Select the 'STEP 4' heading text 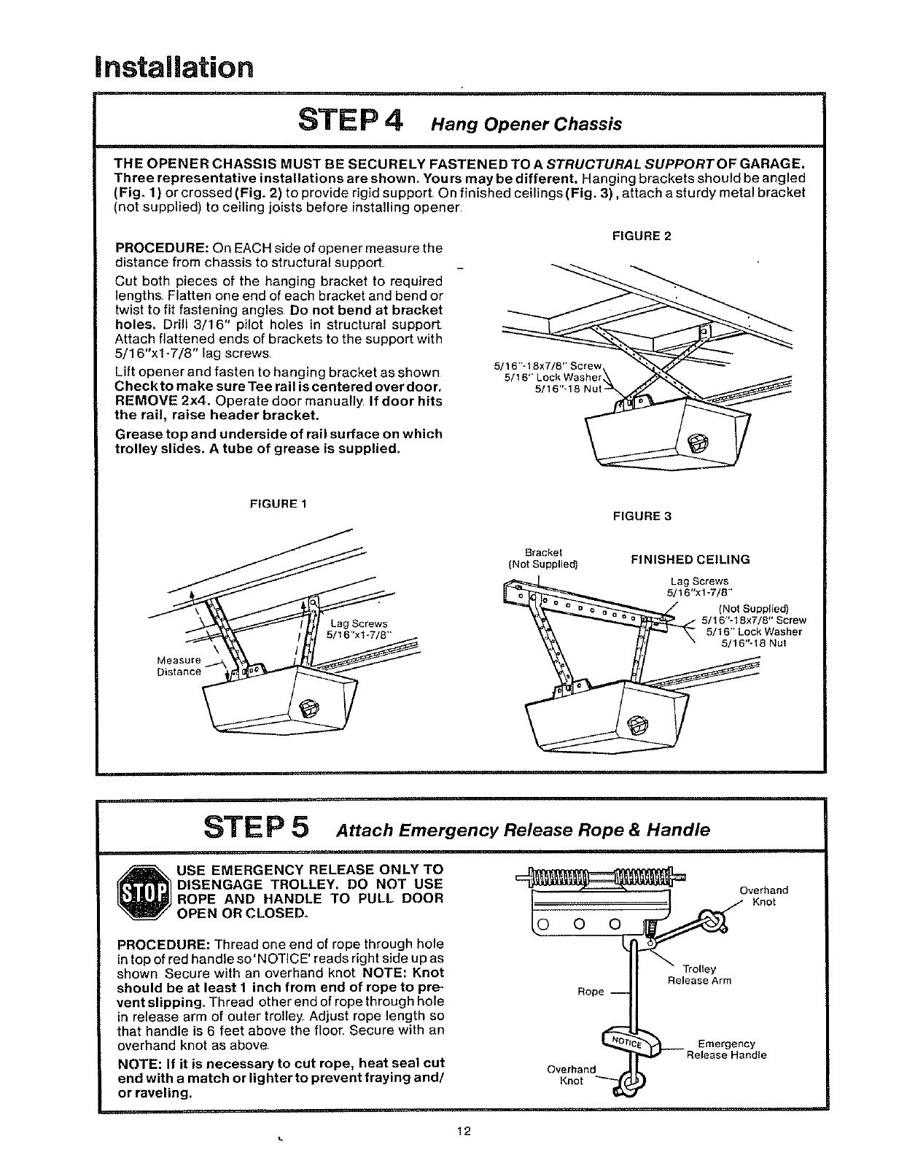tap(351, 120)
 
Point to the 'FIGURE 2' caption tap(642, 236)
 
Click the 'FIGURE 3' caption tap(642, 516)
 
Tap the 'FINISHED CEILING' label tap(690, 560)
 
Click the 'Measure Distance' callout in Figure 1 tap(179, 666)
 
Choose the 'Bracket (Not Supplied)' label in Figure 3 tap(543, 558)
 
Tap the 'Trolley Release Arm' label tap(699, 975)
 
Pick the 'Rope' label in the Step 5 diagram tap(591, 992)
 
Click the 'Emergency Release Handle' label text tap(726, 1049)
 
